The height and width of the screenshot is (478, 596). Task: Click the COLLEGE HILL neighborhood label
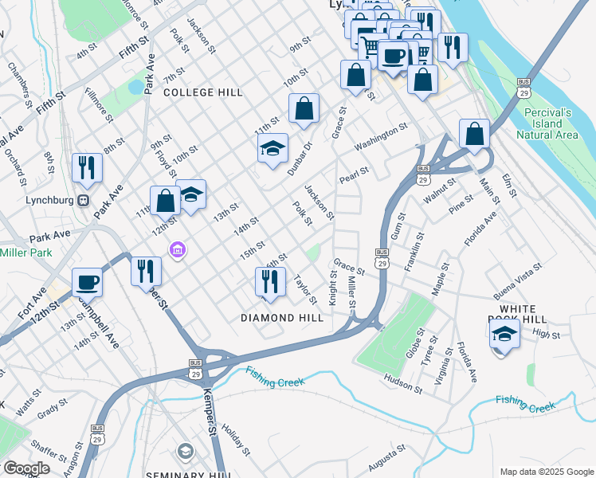pos(202,92)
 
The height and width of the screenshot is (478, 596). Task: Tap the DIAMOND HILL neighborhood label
pos(282,318)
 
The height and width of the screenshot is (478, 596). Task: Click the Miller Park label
pos(25,253)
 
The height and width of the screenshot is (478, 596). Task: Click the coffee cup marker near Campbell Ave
pos(87,281)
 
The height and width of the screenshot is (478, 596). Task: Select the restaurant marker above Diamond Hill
pos(269,281)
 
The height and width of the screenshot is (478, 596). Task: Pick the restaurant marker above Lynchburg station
pos(87,167)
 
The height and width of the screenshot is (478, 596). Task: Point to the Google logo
pos(26,468)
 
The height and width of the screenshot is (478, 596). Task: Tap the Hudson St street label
pos(403,384)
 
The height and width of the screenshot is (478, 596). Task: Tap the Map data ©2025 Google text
pos(546,472)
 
